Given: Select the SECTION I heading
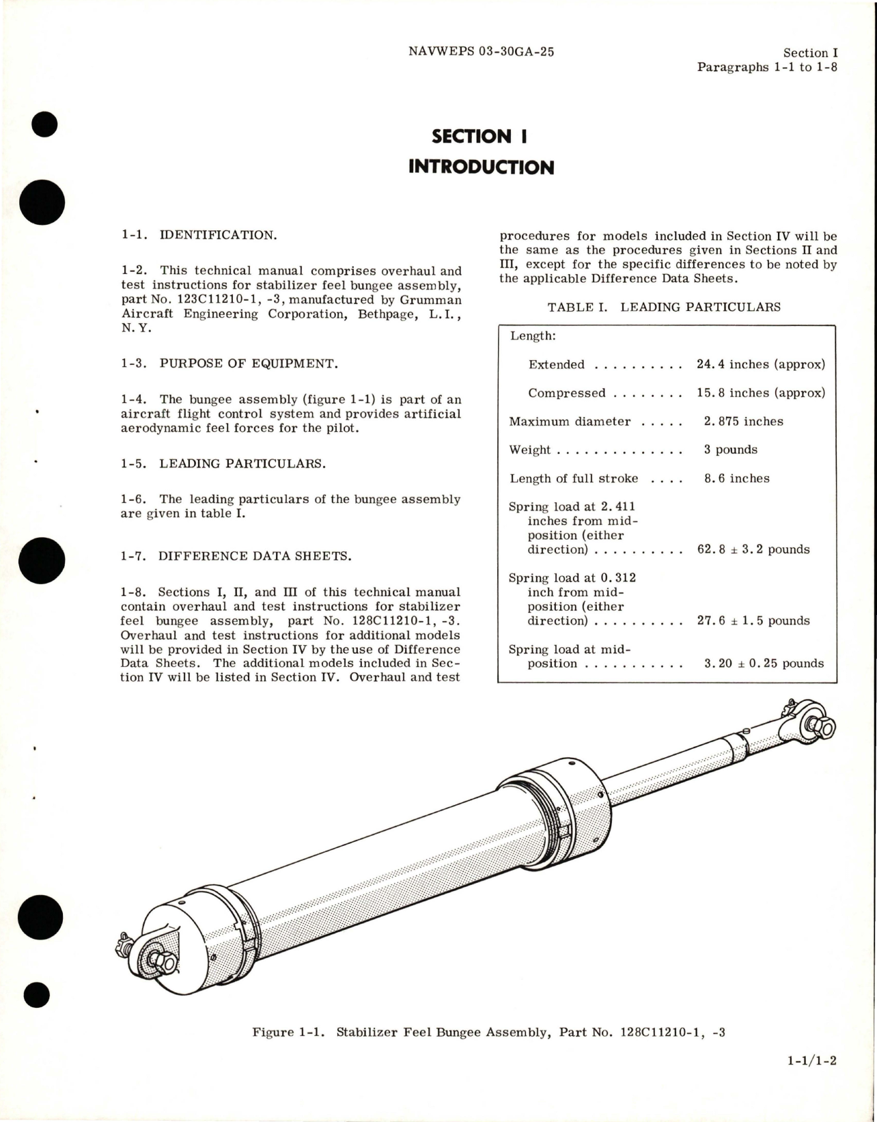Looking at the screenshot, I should (x=480, y=136).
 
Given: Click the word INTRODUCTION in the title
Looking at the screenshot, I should (x=481, y=167).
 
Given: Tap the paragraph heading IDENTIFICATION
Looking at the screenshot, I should (x=218, y=235).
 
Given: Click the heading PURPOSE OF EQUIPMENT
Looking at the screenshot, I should (x=249, y=364).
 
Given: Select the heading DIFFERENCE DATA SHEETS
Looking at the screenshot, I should (x=255, y=556).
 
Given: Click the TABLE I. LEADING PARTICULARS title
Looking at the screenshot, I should (x=664, y=307).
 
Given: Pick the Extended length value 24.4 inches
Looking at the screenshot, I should (x=760, y=364).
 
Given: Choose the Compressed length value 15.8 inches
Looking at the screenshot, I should (x=760, y=393).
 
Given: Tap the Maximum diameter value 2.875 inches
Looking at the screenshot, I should (x=743, y=422).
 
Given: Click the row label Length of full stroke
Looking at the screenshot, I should (x=574, y=478).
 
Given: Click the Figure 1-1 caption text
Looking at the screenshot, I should (x=488, y=1032).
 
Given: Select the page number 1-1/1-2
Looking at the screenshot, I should (x=811, y=1080).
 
